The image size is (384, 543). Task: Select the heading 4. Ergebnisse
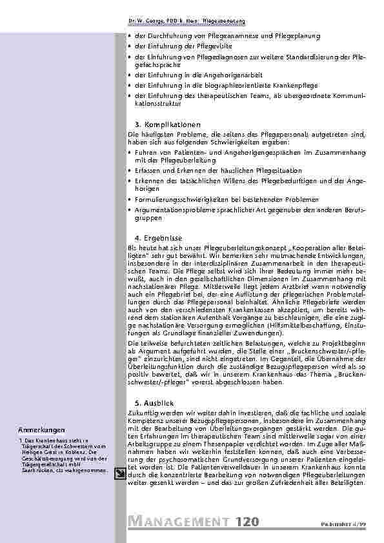click(158, 237)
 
